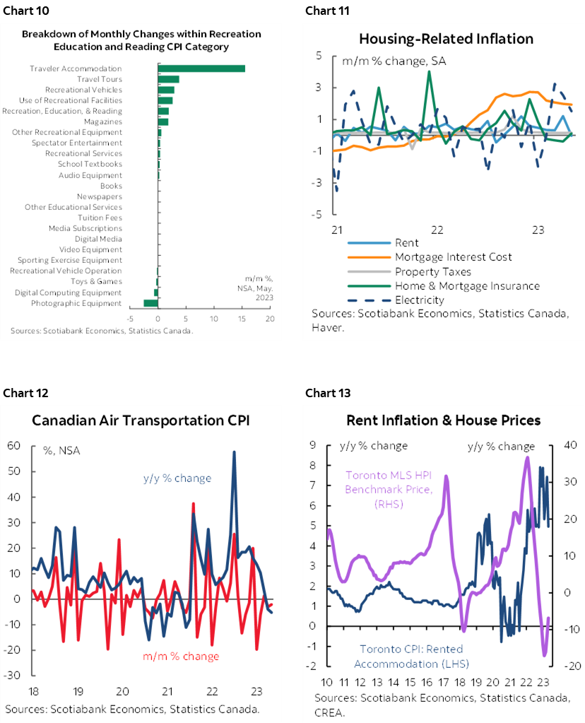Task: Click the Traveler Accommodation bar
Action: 201,69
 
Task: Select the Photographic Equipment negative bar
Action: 150,303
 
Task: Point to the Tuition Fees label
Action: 100,218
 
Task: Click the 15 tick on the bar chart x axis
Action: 242,319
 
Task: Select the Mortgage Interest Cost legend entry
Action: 453,257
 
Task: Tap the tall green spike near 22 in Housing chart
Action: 429,71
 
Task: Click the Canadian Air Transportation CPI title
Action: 141,421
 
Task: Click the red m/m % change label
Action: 181,656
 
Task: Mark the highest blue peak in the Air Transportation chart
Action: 234,452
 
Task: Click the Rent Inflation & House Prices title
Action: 443,421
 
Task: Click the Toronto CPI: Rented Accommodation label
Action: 411,656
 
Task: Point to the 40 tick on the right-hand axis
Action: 570,445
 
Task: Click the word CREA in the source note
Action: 330,712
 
